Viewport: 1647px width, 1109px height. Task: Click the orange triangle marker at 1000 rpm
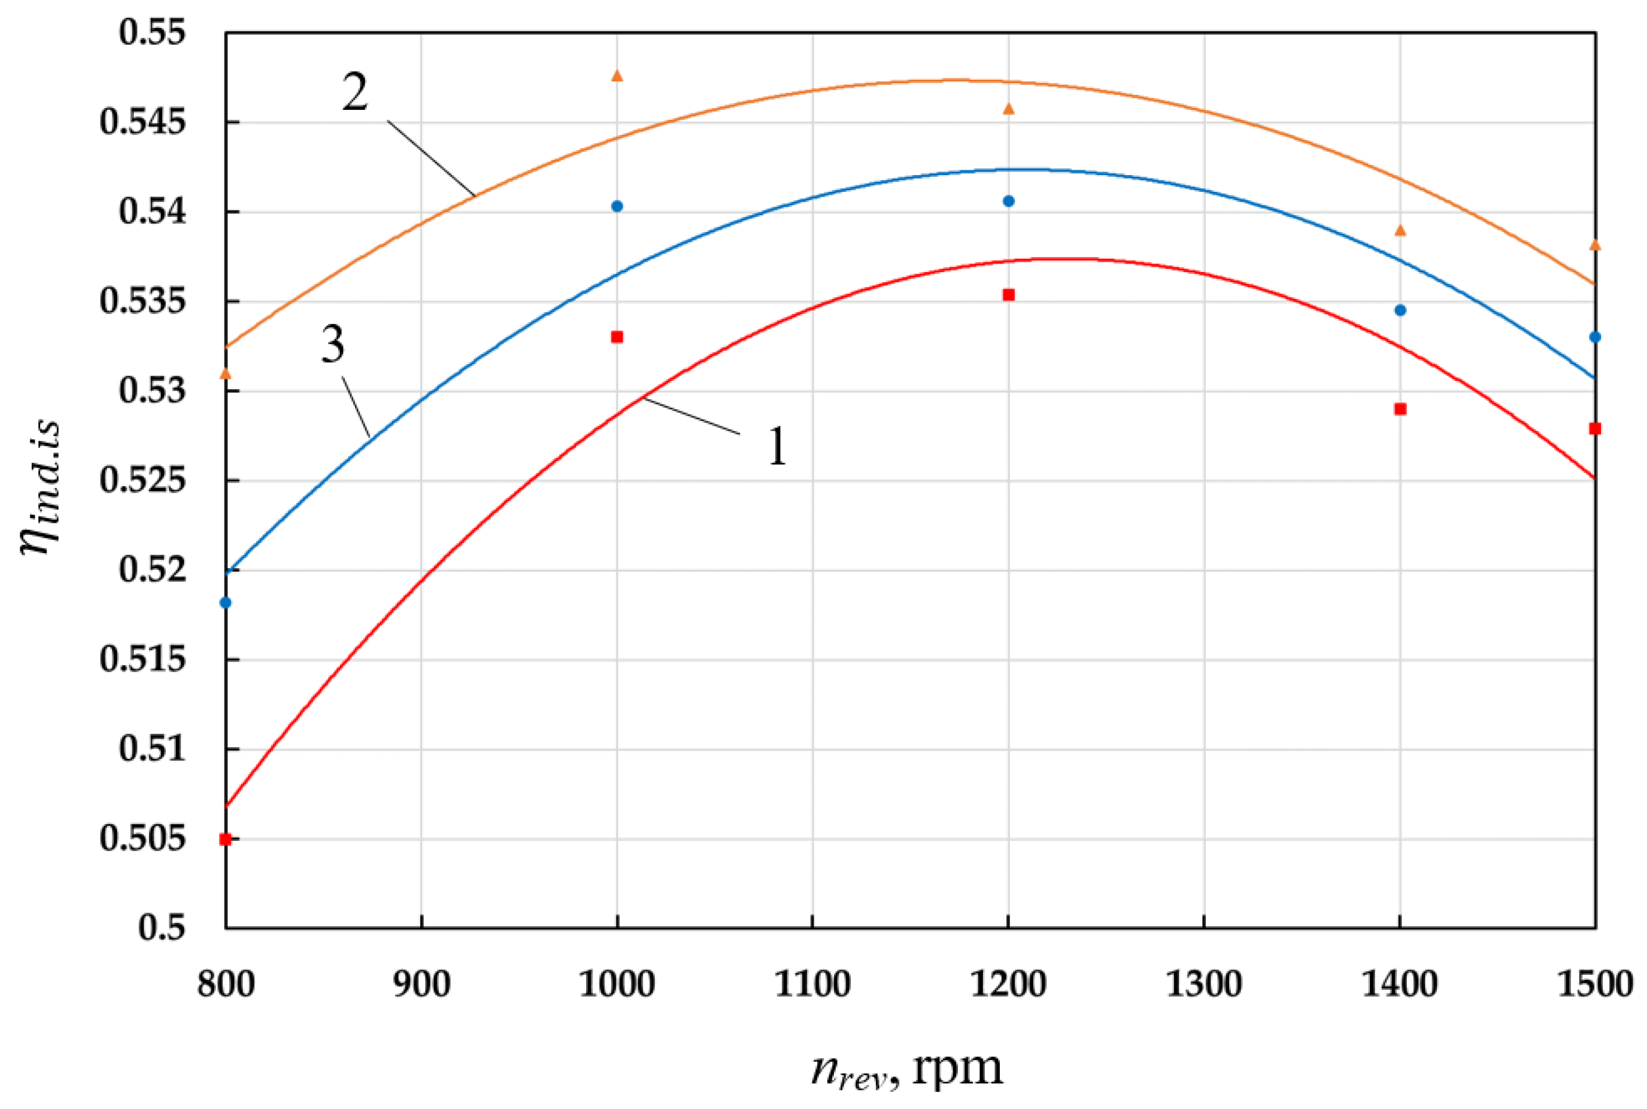(x=616, y=76)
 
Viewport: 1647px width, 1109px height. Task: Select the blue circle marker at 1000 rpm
(x=616, y=206)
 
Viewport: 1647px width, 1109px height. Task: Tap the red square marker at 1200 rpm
(x=1009, y=295)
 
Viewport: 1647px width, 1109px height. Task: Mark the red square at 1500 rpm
(x=1595, y=429)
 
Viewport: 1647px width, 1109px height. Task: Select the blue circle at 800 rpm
(x=226, y=602)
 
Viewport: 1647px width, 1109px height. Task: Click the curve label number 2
(x=356, y=92)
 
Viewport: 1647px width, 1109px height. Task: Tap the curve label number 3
(x=333, y=345)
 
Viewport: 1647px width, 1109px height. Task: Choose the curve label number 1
(x=777, y=447)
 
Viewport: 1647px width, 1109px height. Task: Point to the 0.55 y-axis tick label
(x=152, y=33)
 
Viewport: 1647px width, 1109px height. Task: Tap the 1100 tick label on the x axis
(x=812, y=985)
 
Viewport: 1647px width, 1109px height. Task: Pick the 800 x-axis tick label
(x=226, y=985)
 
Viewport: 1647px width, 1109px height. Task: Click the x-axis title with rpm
(x=907, y=1068)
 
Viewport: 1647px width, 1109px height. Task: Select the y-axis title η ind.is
(x=41, y=488)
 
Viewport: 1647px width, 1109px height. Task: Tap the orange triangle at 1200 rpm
(x=1009, y=108)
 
